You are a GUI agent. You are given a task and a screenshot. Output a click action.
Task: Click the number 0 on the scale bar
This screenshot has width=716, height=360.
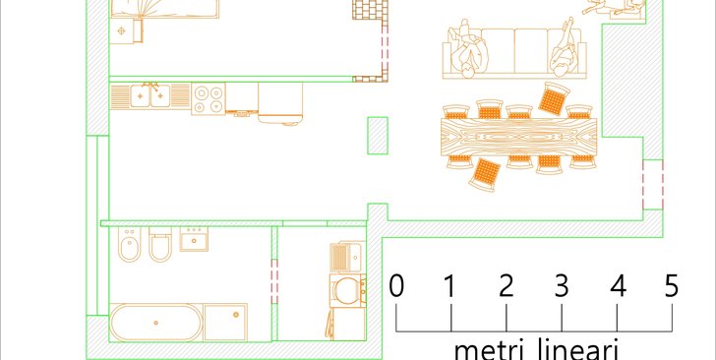396,285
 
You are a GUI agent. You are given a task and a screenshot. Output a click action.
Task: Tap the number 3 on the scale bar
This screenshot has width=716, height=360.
562,285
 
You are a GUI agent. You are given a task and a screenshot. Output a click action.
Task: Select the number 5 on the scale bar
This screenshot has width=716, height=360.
672,285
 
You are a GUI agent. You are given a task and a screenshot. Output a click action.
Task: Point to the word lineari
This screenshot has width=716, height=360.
586,349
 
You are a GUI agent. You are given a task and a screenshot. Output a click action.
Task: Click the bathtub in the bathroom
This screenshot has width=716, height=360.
155,323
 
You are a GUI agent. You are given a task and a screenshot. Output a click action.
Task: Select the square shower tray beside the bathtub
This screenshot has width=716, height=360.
225,322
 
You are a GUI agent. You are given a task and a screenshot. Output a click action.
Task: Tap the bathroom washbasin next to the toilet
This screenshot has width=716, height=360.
194,239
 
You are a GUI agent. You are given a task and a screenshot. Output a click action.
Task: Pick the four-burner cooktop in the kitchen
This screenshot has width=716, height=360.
209,98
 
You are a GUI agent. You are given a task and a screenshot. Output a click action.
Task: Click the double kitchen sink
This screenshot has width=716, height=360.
150,95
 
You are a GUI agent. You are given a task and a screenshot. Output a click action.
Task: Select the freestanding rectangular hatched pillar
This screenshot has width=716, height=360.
378,135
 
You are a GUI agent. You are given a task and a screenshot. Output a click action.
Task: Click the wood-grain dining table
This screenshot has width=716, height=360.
518,137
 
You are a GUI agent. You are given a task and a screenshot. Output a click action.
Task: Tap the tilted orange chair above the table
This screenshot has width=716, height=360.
554,98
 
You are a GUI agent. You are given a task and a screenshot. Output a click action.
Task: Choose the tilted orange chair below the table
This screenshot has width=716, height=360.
486,174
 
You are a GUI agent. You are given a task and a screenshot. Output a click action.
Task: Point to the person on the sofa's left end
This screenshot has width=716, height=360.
469,49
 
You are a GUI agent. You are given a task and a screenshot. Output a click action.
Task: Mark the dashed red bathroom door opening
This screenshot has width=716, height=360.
274,281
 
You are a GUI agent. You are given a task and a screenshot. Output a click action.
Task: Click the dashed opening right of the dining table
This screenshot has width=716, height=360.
653,185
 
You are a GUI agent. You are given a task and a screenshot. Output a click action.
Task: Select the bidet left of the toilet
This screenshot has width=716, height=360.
130,244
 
